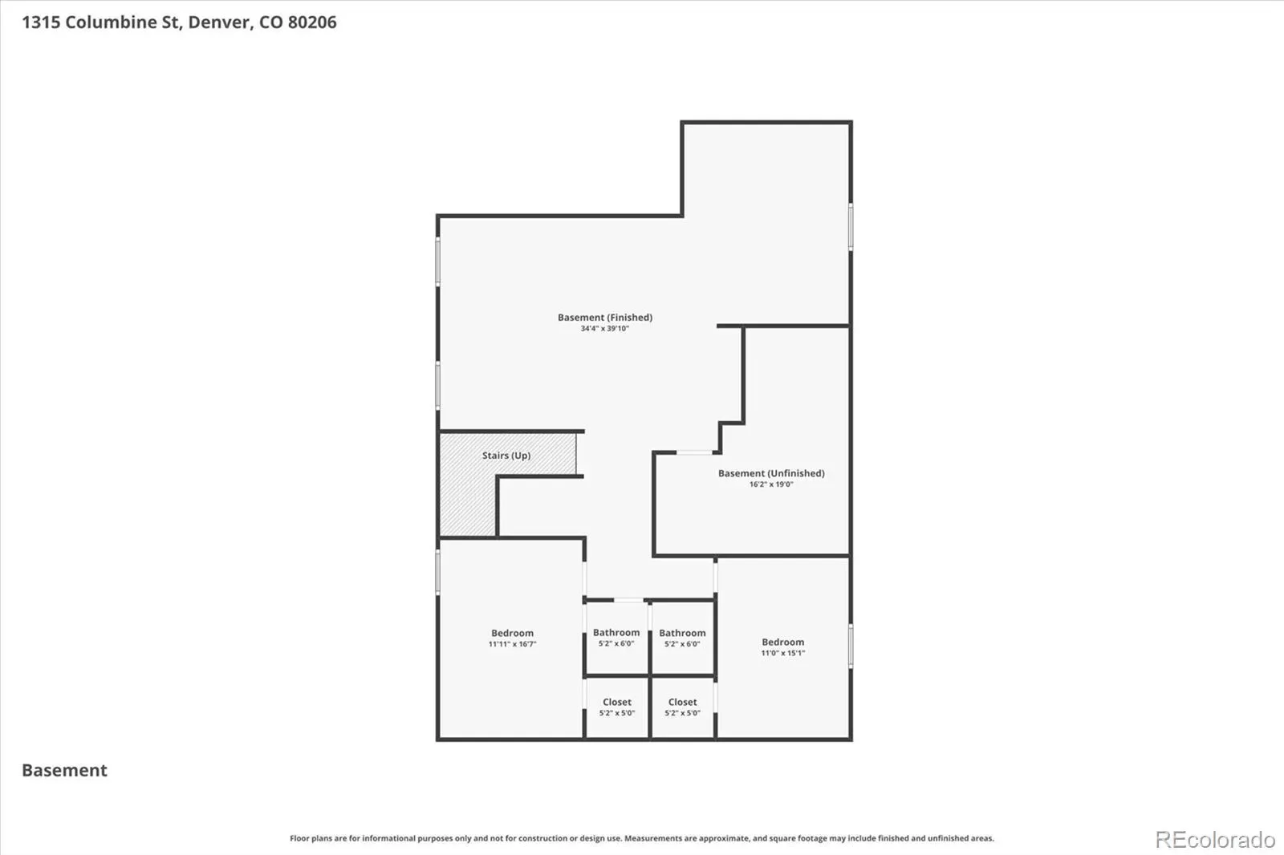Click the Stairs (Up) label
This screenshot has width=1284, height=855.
(x=506, y=456)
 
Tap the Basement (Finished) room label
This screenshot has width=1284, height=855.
(x=605, y=318)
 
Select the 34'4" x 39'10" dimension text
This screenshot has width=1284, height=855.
(x=605, y=329)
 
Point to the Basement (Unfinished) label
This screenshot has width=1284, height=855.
(x=771, y=473)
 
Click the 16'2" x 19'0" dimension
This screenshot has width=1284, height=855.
(x=771, y=484)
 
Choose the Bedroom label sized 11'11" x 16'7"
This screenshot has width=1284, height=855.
(x=512, y=633)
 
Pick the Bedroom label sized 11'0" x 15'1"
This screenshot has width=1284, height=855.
(x=782, y=642)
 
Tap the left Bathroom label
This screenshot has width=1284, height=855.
(x=616, y=633)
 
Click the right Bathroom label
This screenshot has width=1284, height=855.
(x=682, y=633)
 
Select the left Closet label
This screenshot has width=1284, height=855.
(x=617, y=702)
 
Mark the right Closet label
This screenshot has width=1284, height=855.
(x=683, y=702)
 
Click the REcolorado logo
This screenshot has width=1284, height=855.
(x=1215, y=840)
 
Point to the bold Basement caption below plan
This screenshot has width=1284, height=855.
(x=64, y=770)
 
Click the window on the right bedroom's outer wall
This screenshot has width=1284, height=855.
(x=851, y=646)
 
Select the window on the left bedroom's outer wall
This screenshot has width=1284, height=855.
(x=438, y=573)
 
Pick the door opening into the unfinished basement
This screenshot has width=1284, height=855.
(x=695, y=452)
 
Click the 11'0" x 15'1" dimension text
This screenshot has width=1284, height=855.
(x=783, y=654)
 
